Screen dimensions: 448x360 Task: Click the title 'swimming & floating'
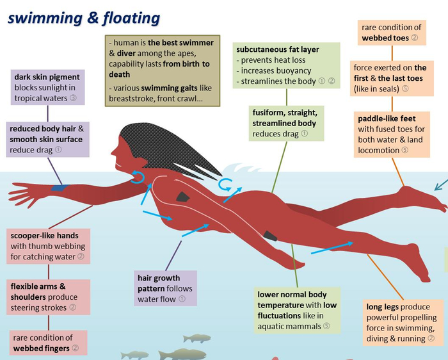pos(84,18)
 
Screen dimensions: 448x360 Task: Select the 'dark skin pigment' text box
pos(48,87)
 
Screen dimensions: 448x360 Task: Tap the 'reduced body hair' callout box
pos(48,139)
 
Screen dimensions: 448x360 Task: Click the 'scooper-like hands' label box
pos(48,246)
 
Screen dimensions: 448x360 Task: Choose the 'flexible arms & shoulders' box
pos(48,297)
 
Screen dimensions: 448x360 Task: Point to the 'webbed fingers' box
pos(48,343)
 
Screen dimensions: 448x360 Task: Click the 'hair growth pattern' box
pos(165,288)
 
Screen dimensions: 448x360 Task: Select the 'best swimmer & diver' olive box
pos(163,70)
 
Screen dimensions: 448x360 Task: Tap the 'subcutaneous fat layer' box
pos(287,65)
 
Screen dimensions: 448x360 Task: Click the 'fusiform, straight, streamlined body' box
pos(286,123)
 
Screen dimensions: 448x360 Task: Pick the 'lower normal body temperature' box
pos(298,310)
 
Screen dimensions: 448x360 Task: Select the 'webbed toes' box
pos(392,33)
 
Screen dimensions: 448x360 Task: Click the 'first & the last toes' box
pos(392,78)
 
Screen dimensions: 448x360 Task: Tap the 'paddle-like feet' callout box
pos(392,135)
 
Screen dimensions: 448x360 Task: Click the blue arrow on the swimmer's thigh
pos(332,248)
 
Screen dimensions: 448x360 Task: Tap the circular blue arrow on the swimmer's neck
pos(138,177)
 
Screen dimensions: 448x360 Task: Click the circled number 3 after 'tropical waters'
pos(73,98)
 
